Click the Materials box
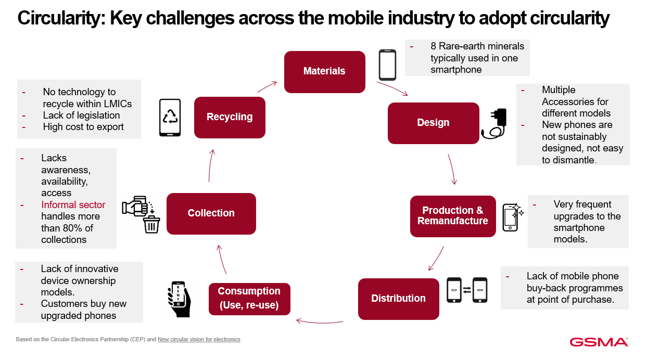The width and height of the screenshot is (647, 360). click(x=325, y=72)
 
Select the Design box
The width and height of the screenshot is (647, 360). click(x=433, y=123)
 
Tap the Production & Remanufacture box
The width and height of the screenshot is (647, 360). click(x=453, y=216)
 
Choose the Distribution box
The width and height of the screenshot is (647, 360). click(x=399, y=299)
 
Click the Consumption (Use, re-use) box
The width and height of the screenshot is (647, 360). click(x=249, y=299)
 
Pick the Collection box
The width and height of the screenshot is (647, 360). click(x=211, y=214)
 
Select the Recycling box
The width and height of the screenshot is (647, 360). click(x=230, y=117)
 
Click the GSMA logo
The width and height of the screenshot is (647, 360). click(x=599, y=342)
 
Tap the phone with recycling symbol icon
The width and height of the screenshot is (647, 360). click(x=170, y=118)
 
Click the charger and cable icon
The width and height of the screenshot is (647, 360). click(x=494, y=124)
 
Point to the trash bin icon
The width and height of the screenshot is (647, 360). click(x=151, y=224)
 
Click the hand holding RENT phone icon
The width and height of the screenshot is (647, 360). click(x=179, y=299)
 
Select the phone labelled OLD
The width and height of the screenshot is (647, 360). click(x=454, y=290)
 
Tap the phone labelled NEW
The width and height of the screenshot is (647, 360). click(x=480, y=290)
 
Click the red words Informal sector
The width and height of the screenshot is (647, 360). click(x=73, y=204)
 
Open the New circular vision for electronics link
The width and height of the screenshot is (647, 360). click(x=199, y=340)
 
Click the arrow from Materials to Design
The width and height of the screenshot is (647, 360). click(x=392, y=88)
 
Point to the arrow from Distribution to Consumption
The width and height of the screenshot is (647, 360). click(x=320, y=322)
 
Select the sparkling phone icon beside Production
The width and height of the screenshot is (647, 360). click(x=513, y=217)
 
